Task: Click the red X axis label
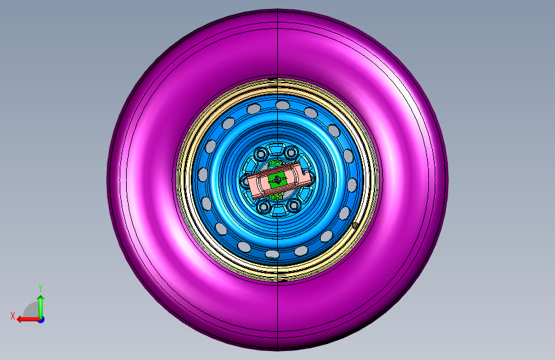(x=13, y=316)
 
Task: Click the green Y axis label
(x=40, y=288)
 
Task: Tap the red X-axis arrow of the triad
(x=28, y=320)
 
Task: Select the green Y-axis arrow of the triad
(x=41, y=307)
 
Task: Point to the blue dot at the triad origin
(x=42, y=320)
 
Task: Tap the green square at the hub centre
(x=276, y=181)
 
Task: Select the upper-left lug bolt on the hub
(x=262, y=154)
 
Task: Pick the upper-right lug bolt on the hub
(x=291, y=152)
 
